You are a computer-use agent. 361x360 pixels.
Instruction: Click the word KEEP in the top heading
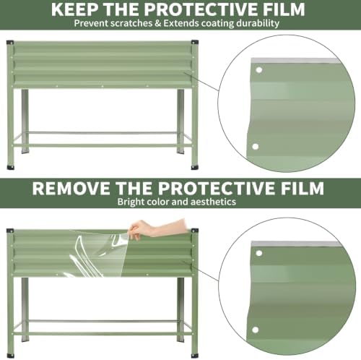(x=74, y=9)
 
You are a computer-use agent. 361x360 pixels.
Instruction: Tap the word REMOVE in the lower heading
(x=71, y=188)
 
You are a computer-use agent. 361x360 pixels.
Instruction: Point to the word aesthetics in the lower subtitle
(x=213, y=202)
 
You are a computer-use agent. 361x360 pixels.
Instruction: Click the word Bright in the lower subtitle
(x=131, y=202)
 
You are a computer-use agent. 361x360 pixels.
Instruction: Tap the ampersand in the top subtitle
(x=157, y=24)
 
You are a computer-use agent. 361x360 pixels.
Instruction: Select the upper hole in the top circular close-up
(x=259, y=70)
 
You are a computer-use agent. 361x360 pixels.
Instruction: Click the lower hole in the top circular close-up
(x=255, y=147)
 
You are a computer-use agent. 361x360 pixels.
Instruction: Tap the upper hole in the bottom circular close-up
(x=259, y=253)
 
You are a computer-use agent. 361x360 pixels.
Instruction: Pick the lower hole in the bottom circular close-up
(x=256, y=330)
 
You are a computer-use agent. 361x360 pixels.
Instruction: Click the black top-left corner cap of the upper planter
(x=10, y=43)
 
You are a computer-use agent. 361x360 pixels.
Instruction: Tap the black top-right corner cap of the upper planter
(x=195, y=43)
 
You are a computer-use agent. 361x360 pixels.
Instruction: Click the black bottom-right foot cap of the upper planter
(x=195, y=168)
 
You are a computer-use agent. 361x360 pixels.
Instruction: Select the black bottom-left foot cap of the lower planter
(x=10, y=356)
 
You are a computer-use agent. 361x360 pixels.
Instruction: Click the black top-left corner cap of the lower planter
(x=10, y=231)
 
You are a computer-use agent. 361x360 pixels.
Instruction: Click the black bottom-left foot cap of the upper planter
(x=10, y=168)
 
